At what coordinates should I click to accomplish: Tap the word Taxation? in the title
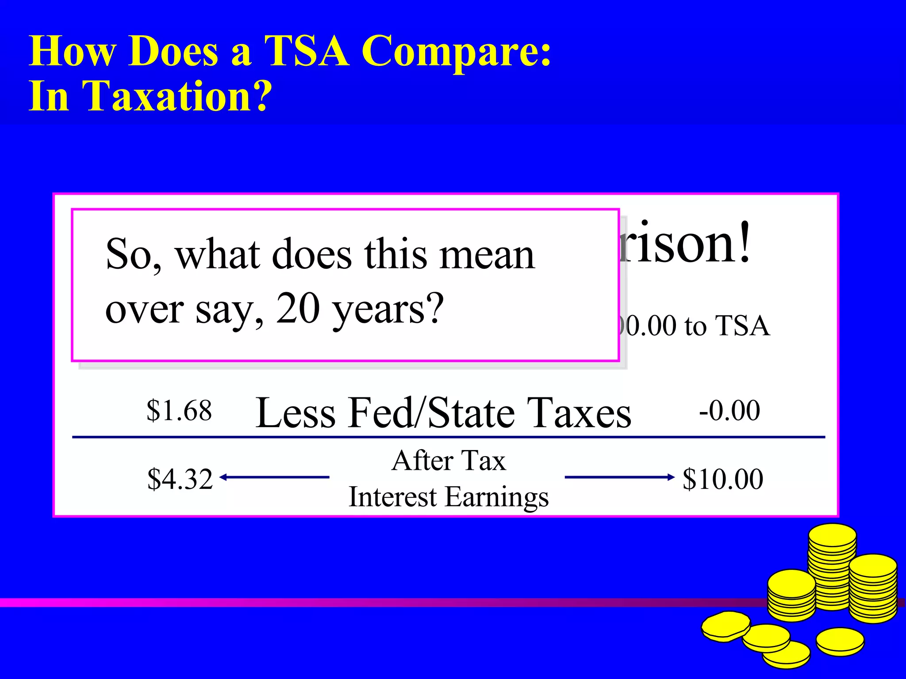click(x=177, y=96)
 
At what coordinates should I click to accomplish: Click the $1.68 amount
click(x=179, y=410)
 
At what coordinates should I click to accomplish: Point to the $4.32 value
click(x=180, y=479)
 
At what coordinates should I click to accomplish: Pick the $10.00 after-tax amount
click(x=723, y=479)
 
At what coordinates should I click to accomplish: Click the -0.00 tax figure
click(x=729, y=410)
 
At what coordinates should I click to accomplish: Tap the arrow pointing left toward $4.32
click(x=274, y=477)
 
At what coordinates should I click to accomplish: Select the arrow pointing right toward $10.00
click(x=619, y=477)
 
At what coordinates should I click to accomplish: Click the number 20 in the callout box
click(x=298, y=308)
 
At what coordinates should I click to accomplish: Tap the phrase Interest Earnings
click(x=449, y=497)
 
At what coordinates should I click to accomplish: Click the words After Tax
click(x=449, y=461)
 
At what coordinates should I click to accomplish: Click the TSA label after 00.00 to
click(x=743, y=326)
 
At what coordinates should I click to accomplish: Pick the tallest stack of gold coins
click(x=832, y=566)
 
